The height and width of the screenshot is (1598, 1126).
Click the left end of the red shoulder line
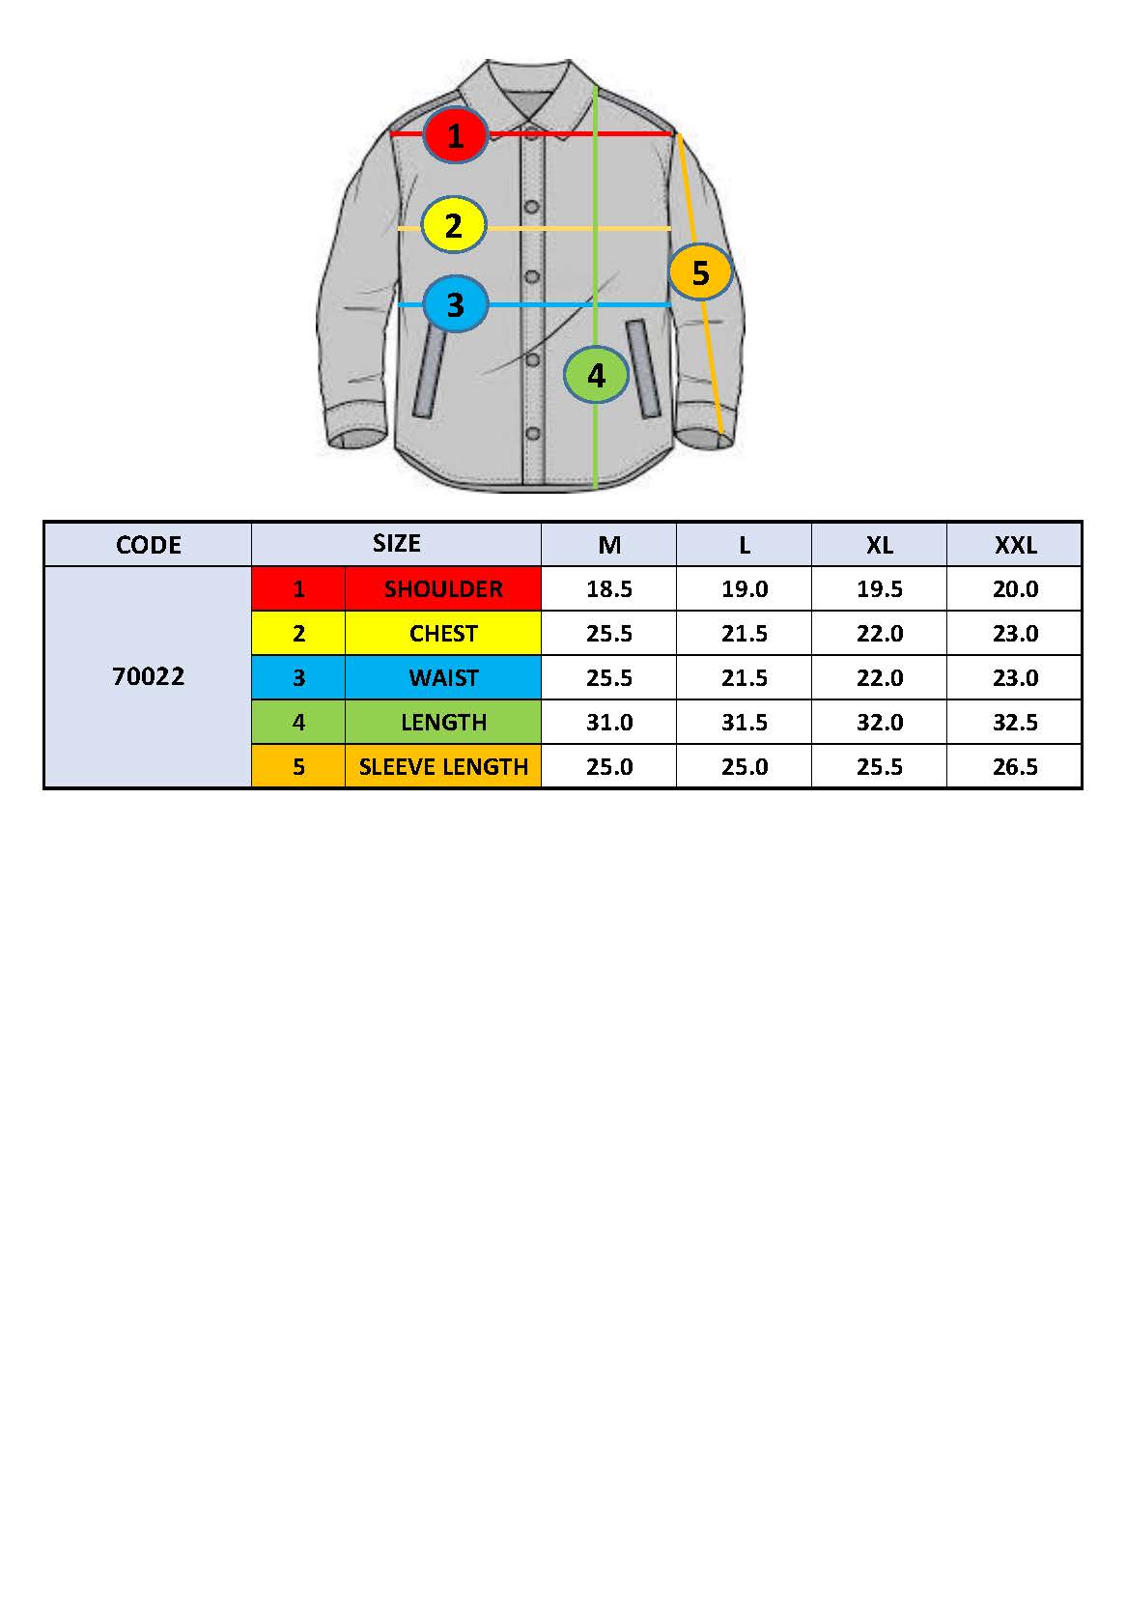(391, 133)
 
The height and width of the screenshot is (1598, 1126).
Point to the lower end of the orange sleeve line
(721, 432)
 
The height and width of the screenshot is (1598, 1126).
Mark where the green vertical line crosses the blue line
(596, 304)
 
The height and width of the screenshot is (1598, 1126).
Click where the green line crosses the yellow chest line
(596, 228)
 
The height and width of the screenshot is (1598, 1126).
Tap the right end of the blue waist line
(670, 304)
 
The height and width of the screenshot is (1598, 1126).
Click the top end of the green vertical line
(596, 86)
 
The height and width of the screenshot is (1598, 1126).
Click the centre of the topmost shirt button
(531, 207)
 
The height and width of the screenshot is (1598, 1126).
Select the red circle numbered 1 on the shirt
(455, 134)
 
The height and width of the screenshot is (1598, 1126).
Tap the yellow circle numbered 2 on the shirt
(454, 225)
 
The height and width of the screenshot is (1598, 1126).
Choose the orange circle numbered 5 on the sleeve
(700, 271)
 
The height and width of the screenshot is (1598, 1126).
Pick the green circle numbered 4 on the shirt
(596, 375)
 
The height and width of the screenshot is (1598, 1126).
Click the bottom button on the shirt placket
(533, 433)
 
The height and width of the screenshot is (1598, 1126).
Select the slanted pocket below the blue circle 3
(430, 371)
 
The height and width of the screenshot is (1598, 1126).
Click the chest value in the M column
(609, 633)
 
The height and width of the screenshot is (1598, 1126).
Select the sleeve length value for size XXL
(1015, 766)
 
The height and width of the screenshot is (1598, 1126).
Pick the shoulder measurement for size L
(745, 588)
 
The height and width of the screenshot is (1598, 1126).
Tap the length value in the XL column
(879, 722)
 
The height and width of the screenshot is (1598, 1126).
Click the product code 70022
(149, 676)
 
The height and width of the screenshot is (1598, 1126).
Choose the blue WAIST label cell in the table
(443, 677)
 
